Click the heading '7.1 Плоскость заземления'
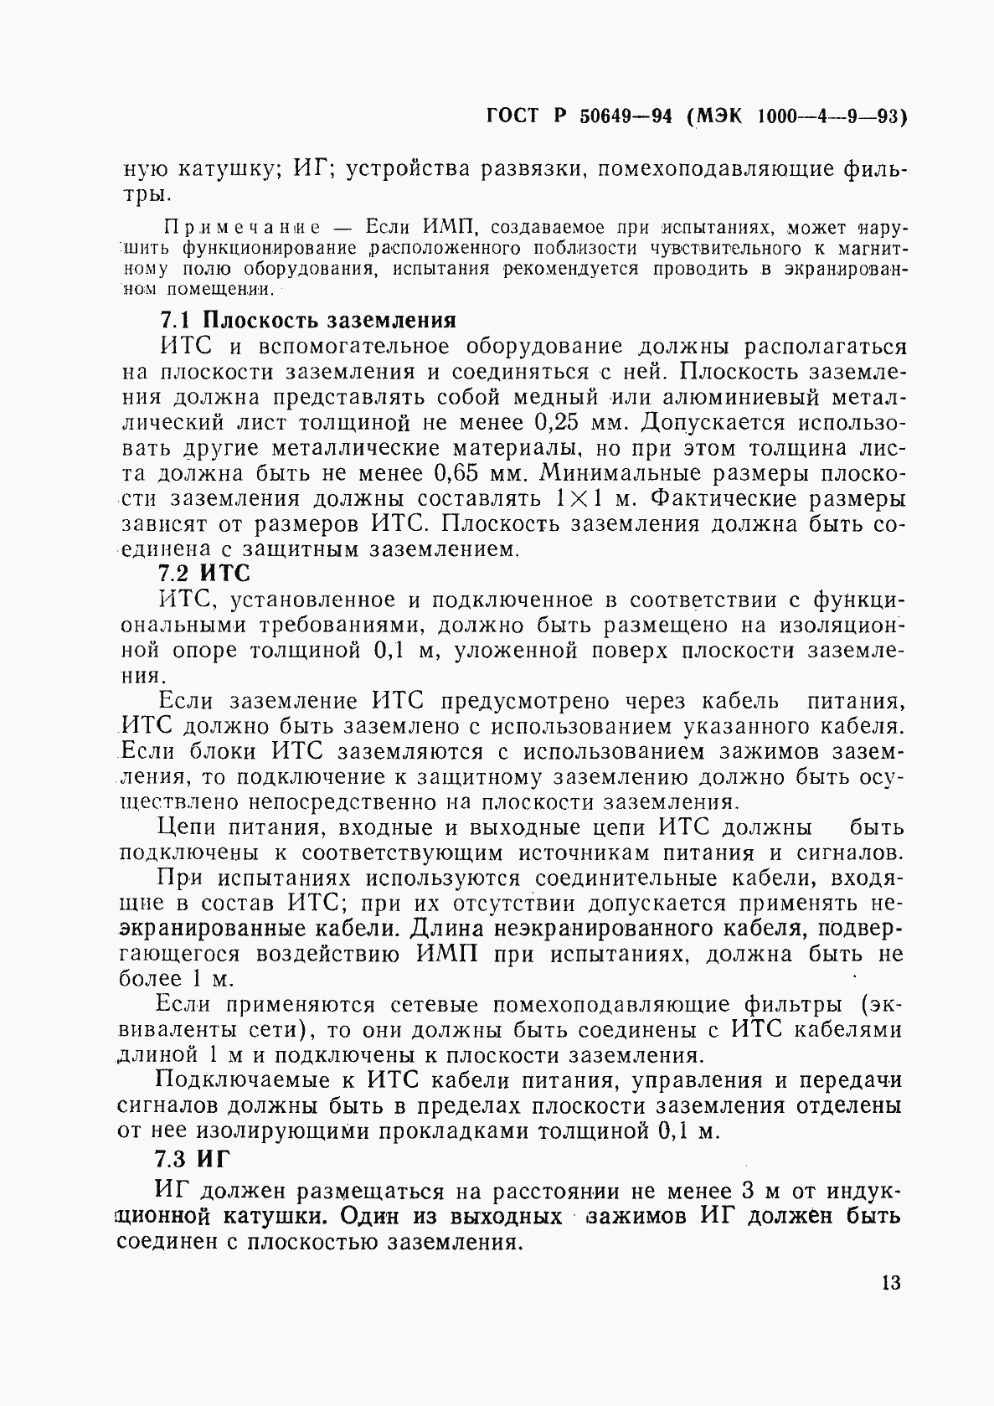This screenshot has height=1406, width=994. (307, 321)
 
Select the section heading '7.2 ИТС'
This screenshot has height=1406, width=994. (204, 574)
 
